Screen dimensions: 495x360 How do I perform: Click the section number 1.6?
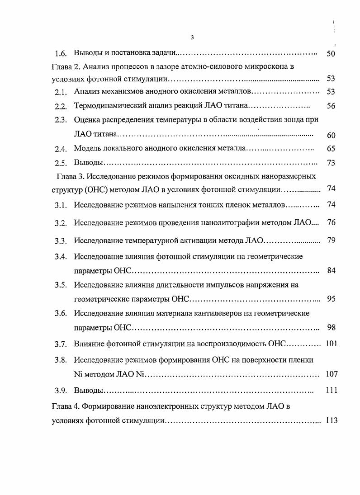pyautogui.click(x=61, y=54)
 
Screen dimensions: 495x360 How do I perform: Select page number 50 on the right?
pyautogui.click(x=330, y=54)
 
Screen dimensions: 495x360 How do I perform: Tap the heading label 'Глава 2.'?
pyautogui.click(x=65, y=66)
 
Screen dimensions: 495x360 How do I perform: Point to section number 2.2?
pyautogui.click(x=61, y=107)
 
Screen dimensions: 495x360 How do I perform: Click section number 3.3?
pyautogui.click(x=61, y=241)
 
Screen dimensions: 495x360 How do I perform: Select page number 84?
pyautogui.click(x=330, y=270)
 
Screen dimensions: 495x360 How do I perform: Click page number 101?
pyautogui.click(x=331, y=344)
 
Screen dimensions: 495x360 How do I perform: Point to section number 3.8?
pyautogui.click(x=61, y=360)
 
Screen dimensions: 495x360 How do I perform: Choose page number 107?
pyautogui.click(x=331, y=374)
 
